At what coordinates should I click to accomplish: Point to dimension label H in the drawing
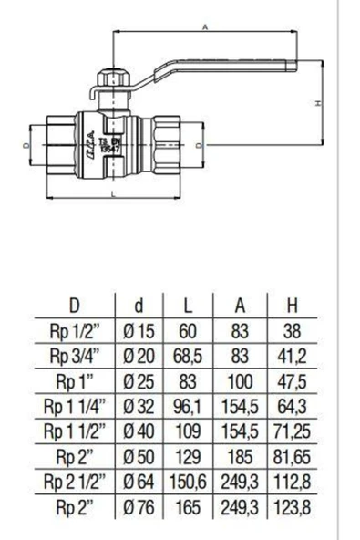pyautogui.click(x=316, y=104)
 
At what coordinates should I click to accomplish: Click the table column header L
pyautogui.click(x=187, y=304)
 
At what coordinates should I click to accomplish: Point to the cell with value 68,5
pyautogui.click(x=187, y=355)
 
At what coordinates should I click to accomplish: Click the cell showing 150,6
pyautogui.click(x=187, y=479)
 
